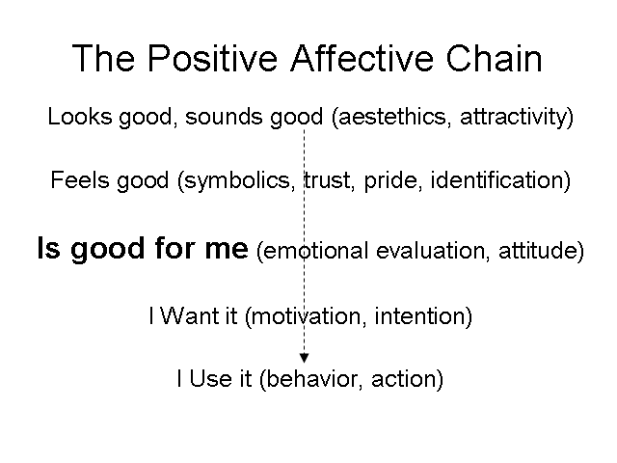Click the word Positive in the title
pos(212,58)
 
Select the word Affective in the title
pos(362,58)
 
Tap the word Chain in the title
pos(495,58)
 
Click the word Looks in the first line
pos(80,117)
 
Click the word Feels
pos(80,180)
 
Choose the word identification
pos(497,180)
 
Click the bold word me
pos(227,249)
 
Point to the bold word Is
pos(49,248)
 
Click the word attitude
pos(538,251)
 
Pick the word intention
pos(419,315)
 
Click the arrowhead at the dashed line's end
pos(305,358)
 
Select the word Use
pos(211,379)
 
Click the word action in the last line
pos(404,379)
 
